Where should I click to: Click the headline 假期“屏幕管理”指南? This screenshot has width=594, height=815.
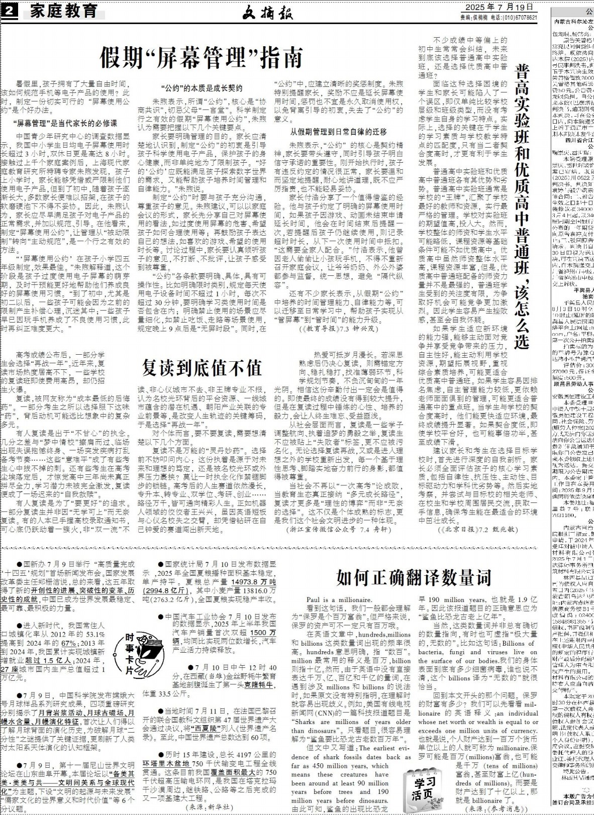[x=201, y=58]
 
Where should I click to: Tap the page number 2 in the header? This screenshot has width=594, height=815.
[x=10, y=10]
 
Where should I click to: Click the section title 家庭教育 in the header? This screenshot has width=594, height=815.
[x=63, y=11]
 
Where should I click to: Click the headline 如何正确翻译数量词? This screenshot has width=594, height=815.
[x=413, y=577]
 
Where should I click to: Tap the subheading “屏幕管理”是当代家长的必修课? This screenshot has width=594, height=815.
[x=65, y=123]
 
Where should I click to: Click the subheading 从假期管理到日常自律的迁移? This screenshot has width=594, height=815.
[x=339, y=132]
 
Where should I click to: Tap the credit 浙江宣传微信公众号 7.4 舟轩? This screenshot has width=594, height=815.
[x=338, y=530]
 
